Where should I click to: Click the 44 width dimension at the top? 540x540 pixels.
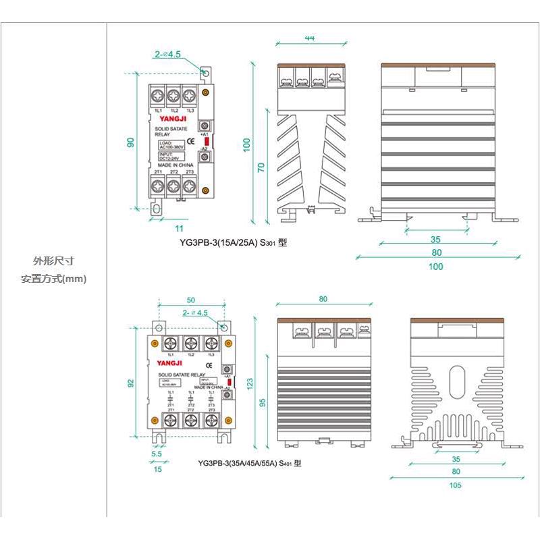click(310, 38)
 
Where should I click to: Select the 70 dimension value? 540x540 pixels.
click(261, 167)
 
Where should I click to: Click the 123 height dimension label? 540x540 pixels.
click(251, 383)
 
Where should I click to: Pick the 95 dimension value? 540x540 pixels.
click(262, 402)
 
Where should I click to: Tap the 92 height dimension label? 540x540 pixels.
click(131, 383)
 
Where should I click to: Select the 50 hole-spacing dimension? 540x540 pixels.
click(190, 300)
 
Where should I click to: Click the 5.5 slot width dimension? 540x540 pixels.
click(157, 454)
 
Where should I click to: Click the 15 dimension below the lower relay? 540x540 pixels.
click(157, 468)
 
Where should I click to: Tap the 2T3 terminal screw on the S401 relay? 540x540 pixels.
click(212, 421)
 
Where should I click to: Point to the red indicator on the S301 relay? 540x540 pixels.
click(207, 142)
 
